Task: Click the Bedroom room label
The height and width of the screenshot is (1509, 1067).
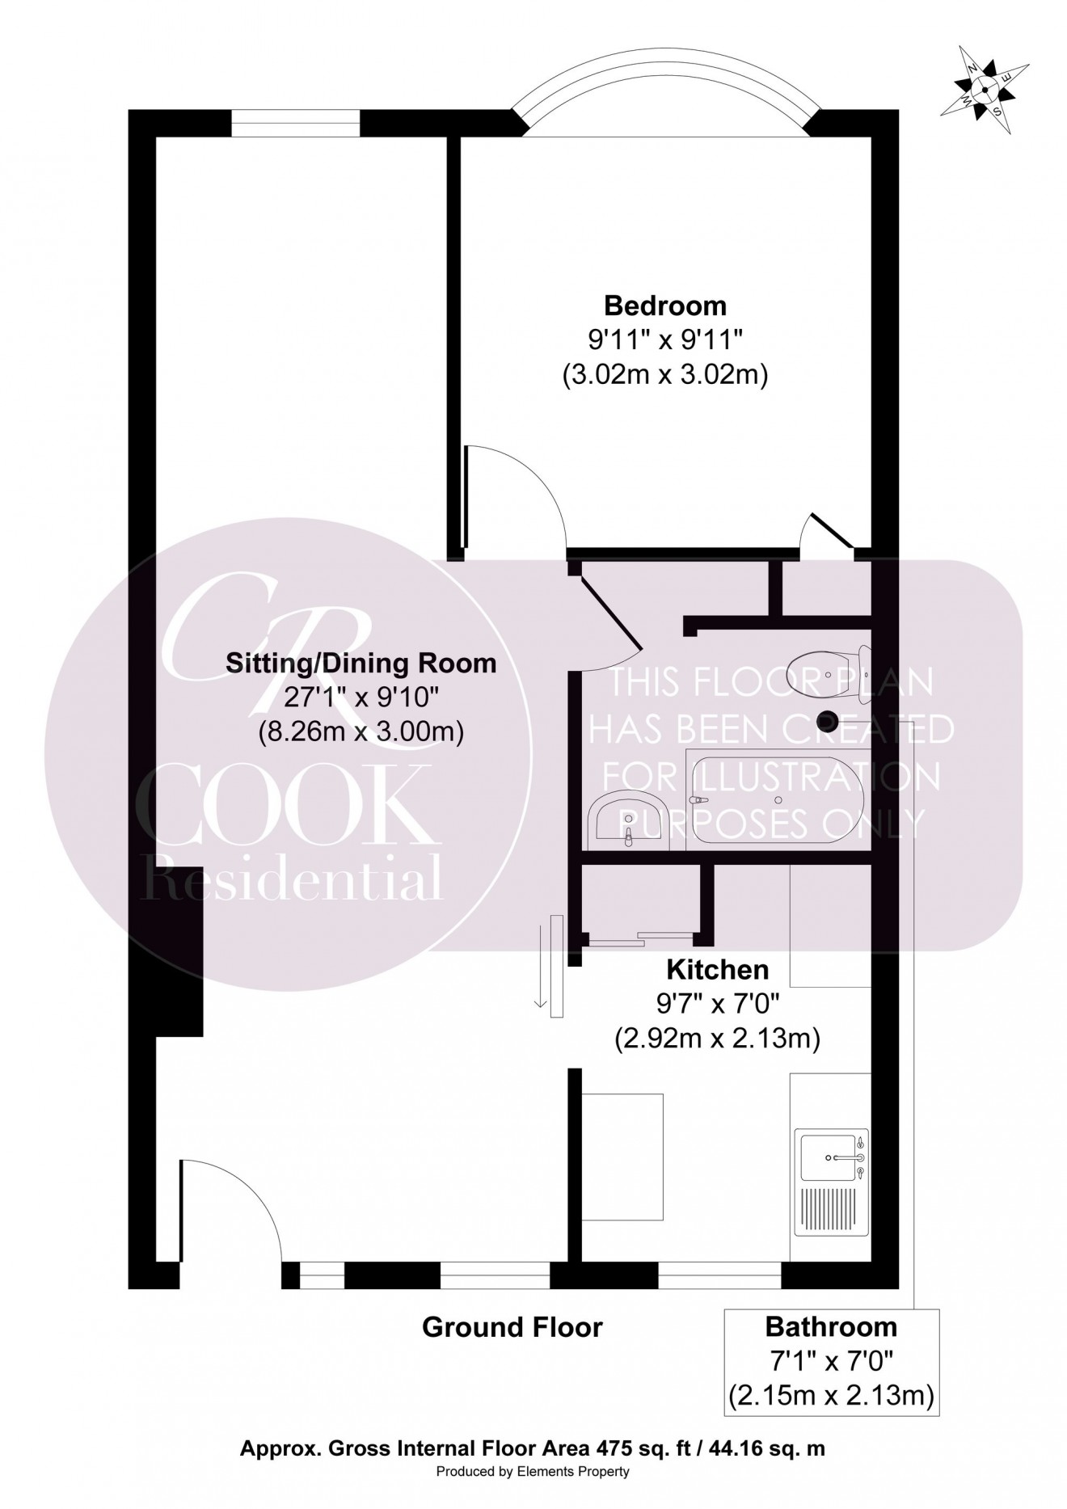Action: click(x=664, y=306)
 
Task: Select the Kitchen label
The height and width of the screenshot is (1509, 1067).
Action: click(x=717, y=968)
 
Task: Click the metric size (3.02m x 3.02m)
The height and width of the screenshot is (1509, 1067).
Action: click(x=664, y=375)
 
